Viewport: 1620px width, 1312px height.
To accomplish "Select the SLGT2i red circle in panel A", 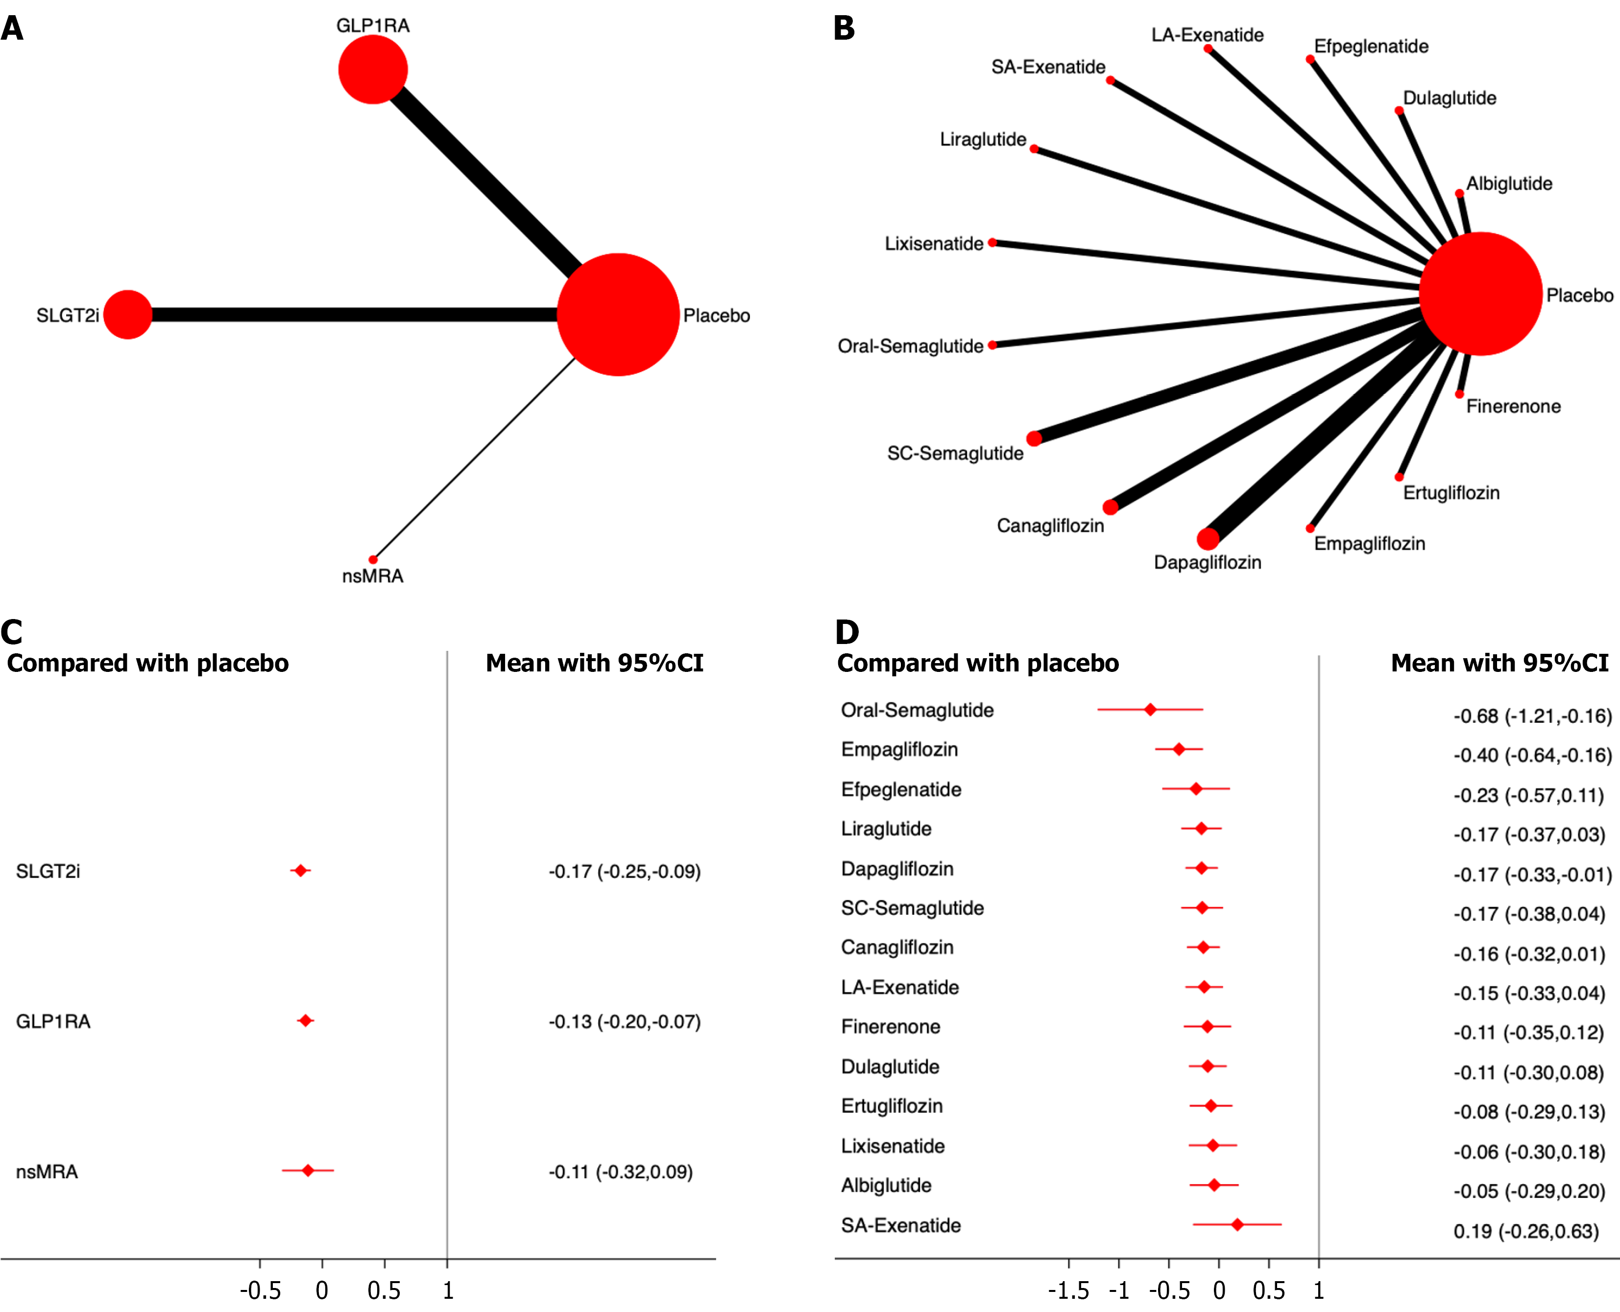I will point(128,314).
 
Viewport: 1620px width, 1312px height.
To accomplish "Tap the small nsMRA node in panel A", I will point(373,559).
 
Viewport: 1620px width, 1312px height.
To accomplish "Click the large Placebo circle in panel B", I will point(1480,294).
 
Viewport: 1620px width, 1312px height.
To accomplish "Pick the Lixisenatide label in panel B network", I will point(934,244).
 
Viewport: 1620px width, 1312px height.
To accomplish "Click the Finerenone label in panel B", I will point(1513,406).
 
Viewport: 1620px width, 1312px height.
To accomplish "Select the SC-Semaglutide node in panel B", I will point(1034,438).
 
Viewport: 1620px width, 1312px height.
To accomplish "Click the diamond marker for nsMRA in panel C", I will point(308,1170).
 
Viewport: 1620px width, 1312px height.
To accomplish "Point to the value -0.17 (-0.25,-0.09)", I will point(625,871).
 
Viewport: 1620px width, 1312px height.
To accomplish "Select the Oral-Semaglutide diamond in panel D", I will point(1150,710).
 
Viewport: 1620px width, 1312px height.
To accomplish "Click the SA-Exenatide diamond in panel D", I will point(1237,1224).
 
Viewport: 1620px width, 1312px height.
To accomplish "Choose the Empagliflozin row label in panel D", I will point(899,750).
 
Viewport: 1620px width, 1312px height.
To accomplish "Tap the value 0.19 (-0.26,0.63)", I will point(1525,1231).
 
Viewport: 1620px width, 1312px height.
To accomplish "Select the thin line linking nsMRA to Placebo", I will point(474,459).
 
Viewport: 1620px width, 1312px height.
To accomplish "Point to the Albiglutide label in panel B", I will point(1509,184).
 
